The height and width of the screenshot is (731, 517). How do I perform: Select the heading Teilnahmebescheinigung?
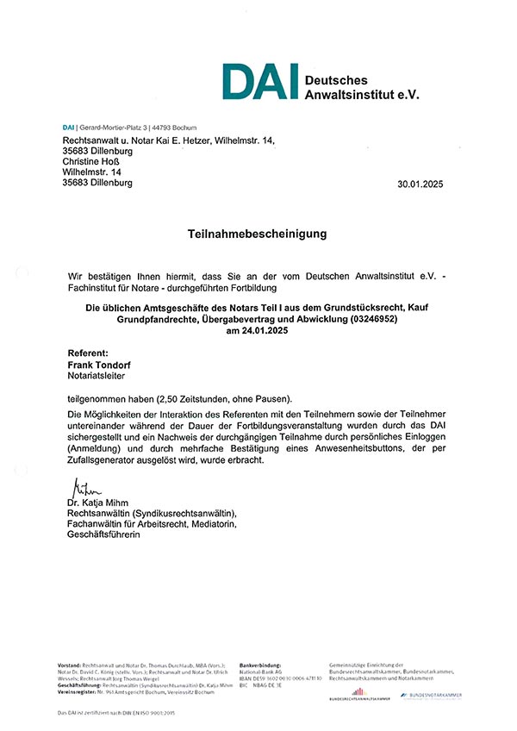(258, 234)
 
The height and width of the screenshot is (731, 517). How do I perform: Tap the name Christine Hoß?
(91, 161)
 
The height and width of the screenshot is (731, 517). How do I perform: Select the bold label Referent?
(88, 353)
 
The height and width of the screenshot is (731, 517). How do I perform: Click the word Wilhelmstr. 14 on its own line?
(91, 172)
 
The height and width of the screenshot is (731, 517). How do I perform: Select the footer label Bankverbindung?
(260, 666)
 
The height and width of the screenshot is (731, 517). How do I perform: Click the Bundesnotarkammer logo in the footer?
(432, 694)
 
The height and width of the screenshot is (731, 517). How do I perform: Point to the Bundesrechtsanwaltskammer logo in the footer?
(359, 694)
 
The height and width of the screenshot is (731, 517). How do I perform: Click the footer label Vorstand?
(69, 666)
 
